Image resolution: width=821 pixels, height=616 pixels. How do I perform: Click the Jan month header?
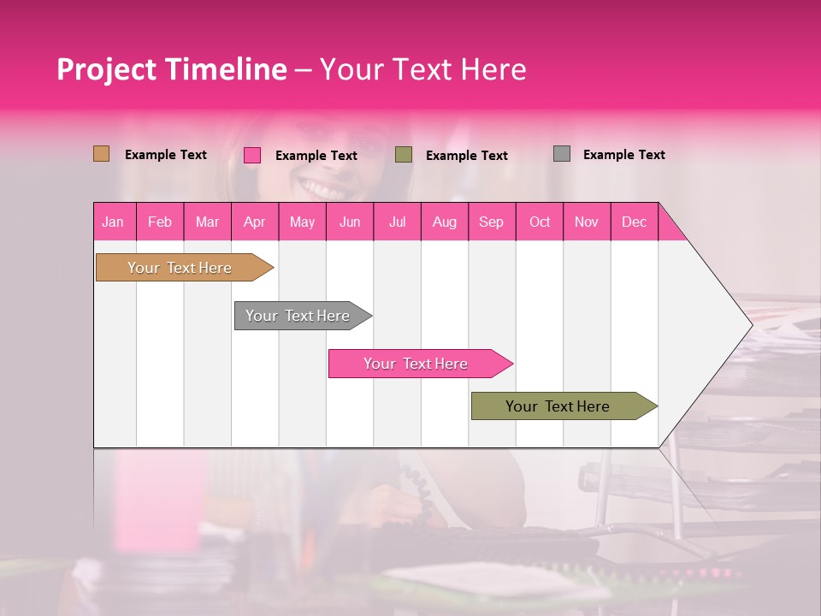pyautogui.click(x=114, y=222)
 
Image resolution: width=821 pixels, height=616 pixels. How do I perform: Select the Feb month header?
pyautogui.click(x=160, y=222)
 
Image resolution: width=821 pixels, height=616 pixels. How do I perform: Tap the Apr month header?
pyautogui.click(x=254, y=222)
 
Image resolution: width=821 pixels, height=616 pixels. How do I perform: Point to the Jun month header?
pyautogui.click(x=350, y=222)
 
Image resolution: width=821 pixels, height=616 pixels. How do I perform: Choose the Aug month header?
pyautogui.click(x=444, y=222)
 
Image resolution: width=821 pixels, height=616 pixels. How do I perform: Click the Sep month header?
pyautogui.click(x=491, y=222)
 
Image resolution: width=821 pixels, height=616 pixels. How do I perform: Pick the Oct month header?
pyautogui.click(x=540, y=222)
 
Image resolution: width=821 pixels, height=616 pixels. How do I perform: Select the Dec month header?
pyautogui.click(x=634, y=222)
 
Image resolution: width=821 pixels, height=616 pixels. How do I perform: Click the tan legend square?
pyautogui.click(x=101, y=154)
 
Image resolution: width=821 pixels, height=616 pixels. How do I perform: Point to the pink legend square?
pyautogui.click(x=251, y=155)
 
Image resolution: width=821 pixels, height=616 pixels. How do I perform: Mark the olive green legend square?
pyautogui.click(x=404, y=155)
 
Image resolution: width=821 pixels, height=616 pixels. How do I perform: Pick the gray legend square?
pyautogui.click(x=561, y=154)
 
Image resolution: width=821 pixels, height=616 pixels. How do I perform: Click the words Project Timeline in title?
pyautogui.click(x=172, y=69)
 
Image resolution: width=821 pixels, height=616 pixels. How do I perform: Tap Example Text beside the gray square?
pyautogui.click(x=623, y=155)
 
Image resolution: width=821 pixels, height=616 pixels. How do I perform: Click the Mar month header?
pyautogui.click(x=207, y=222)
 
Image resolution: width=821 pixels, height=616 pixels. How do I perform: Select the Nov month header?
pyautogui.click(x=587, y=222)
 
